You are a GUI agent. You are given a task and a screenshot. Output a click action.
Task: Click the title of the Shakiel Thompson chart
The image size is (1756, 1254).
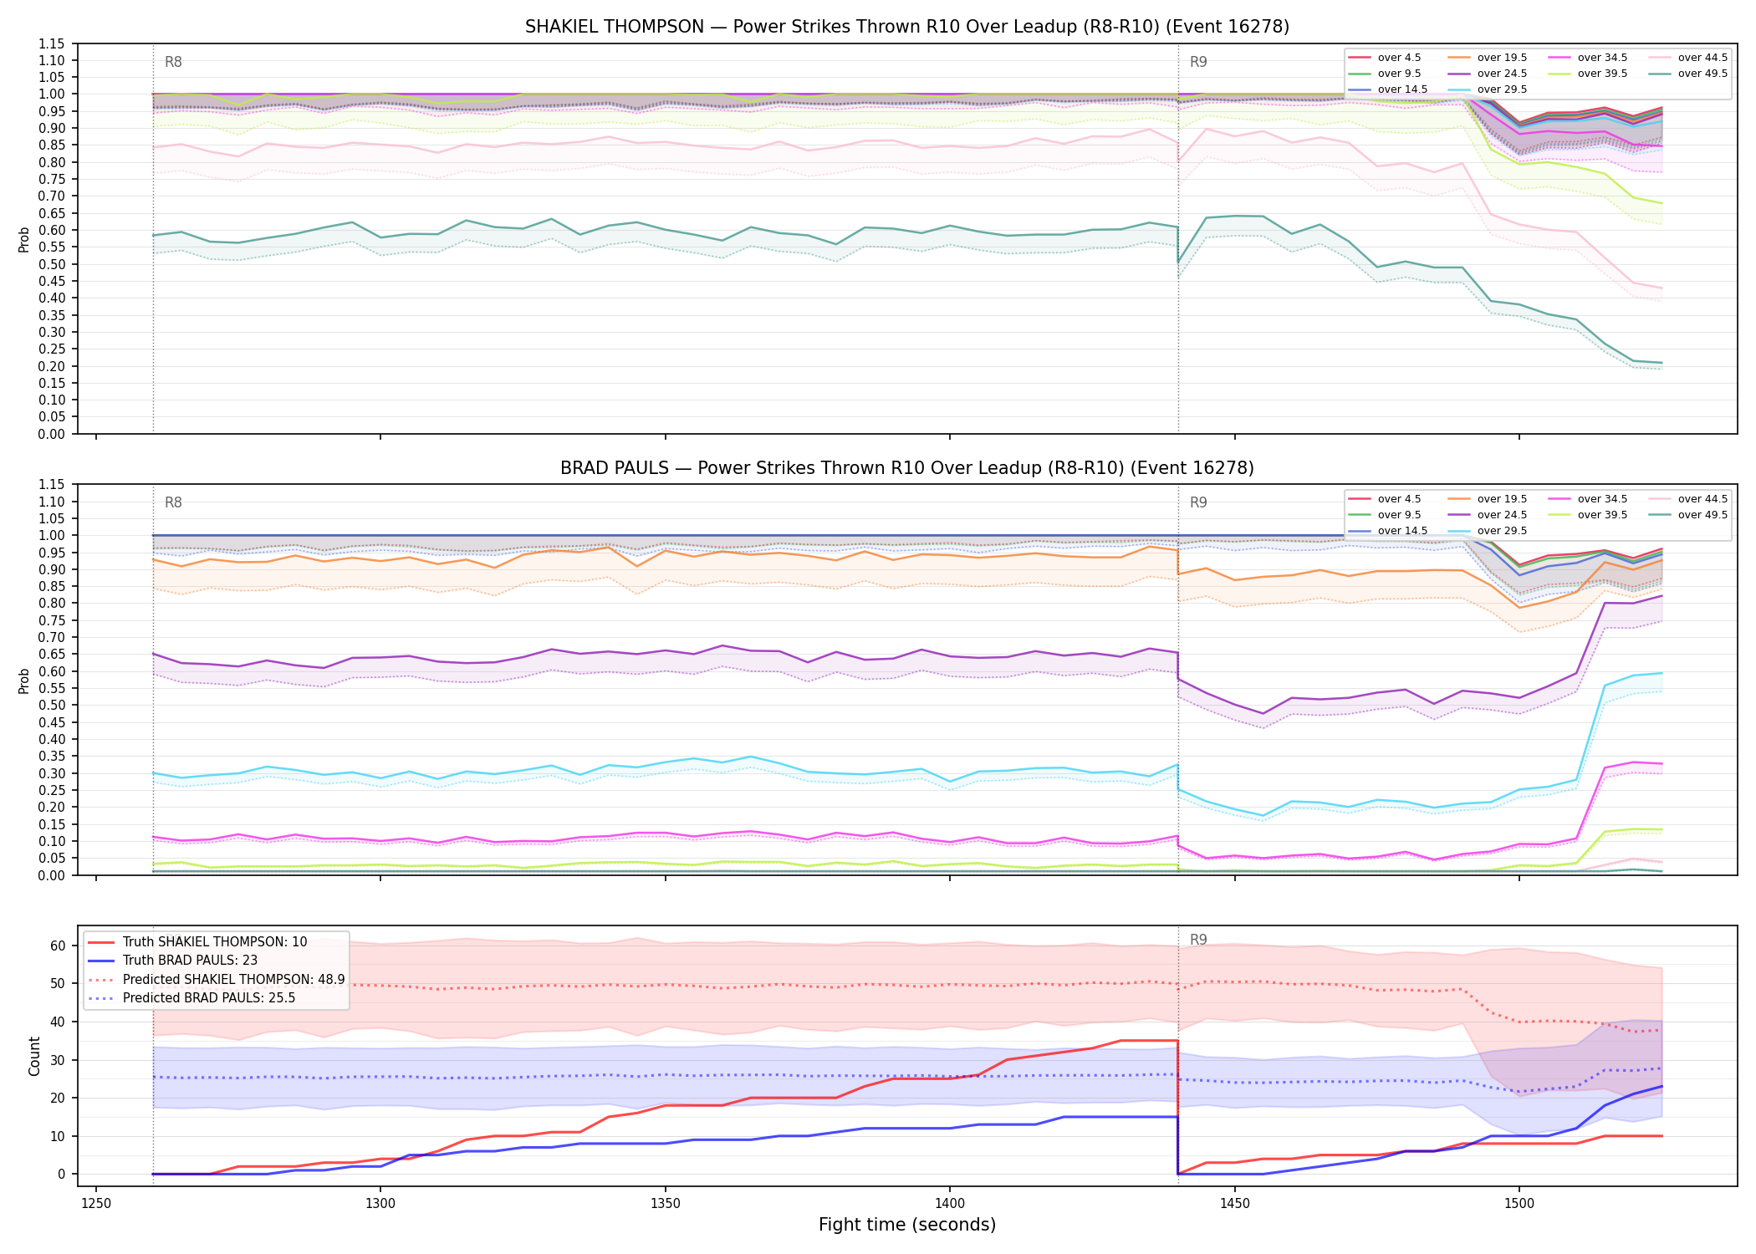[907, 27]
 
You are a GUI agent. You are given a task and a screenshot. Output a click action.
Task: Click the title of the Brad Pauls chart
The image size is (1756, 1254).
[907, 468]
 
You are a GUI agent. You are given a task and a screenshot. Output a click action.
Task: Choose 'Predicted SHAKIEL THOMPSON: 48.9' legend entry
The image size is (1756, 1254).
[217, 979]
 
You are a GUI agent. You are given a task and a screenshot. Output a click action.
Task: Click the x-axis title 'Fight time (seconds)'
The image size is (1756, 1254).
[907, 1225]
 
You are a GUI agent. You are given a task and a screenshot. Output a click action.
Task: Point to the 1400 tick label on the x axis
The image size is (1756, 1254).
[950, 1204]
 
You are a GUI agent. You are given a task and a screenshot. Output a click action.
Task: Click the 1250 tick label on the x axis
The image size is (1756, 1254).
[96, 1204]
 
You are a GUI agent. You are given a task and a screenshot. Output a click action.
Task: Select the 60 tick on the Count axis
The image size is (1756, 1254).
[58, 946]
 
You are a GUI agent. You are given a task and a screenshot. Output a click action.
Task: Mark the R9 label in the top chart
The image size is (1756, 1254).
[1198, 62]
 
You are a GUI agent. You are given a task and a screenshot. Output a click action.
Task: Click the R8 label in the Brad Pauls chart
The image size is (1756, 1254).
[173, 502]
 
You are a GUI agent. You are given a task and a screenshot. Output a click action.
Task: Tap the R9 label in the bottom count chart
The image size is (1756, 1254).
[1198, 940]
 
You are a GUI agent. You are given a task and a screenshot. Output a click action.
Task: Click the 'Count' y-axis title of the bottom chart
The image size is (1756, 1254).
[34, 1056]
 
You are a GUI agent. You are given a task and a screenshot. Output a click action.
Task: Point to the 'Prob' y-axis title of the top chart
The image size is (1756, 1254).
[24, 239]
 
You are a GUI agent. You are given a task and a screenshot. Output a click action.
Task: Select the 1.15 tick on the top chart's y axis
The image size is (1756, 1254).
[53, 43]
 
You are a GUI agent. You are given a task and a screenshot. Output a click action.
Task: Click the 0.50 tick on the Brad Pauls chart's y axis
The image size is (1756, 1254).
[53, 705]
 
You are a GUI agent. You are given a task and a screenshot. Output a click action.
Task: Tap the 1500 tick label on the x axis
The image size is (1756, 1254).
[1519, 1204]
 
